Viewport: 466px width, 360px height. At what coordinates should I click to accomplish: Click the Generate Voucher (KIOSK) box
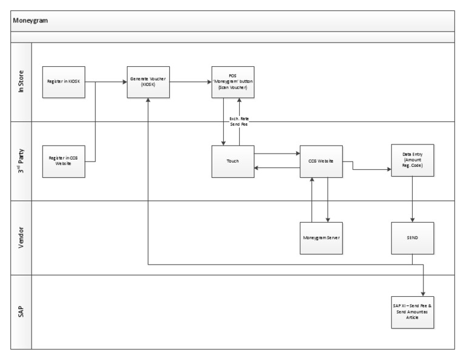pos(148,81)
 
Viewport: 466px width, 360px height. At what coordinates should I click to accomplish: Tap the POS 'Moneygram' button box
pos(233,81)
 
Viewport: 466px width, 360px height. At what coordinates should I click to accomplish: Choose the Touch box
pos(233,161)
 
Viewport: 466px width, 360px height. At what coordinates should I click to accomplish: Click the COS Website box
pos(321,161)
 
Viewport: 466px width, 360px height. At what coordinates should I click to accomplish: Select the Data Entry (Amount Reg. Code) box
pos(413,161)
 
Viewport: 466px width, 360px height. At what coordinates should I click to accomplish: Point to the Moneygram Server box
pos(321,237)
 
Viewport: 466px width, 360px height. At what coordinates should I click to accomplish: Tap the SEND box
pos(413,237)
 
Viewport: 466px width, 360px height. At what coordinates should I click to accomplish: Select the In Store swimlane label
pos(21,82)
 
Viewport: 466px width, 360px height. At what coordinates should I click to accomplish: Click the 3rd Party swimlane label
pos(21,161)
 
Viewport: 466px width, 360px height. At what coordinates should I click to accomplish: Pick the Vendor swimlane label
pos(21,237)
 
